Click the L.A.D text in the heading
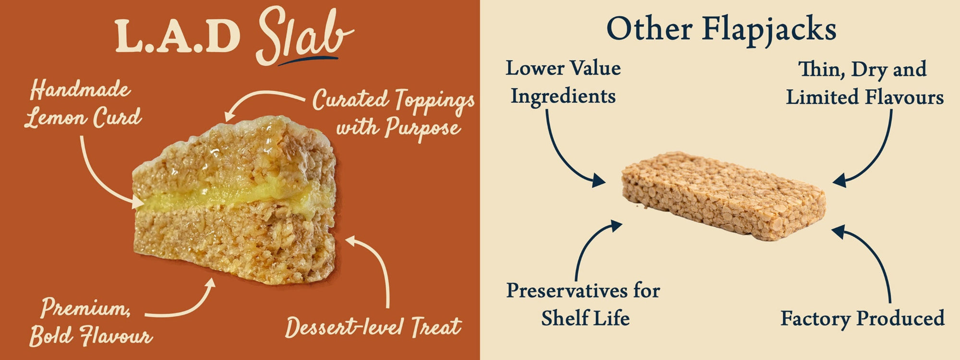pyautogui.click(x=178, y=36)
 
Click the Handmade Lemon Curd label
pyautogui.click(x=83, y=105)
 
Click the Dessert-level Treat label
pyautogui.click(x=373, y=327)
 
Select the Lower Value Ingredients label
pyautogui.click(x=563, y=82)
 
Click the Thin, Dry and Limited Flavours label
pyautogui.click(x=864, y=83)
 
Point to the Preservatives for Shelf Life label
pyautogui.click(x=584, y=304)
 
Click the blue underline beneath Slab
pyautogui.click(x=307, y=60)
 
